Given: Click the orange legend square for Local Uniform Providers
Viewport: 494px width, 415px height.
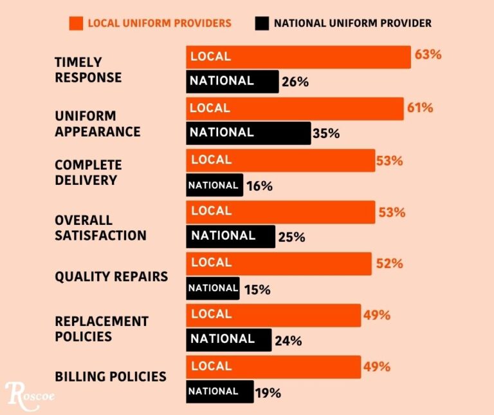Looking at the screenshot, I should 76,23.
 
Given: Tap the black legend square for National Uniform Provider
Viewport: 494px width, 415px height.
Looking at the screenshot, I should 261,23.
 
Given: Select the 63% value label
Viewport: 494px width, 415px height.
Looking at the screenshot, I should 428,55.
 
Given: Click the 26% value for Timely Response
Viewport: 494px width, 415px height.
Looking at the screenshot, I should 295,82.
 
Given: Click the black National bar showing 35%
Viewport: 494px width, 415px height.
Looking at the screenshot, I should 248,133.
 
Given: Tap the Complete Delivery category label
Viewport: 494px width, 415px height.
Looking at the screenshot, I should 88,173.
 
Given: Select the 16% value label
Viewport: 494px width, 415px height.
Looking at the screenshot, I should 259,186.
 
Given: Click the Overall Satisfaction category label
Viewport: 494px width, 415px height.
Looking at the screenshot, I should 100,227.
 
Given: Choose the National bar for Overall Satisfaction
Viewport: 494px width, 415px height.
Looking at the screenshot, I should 230,236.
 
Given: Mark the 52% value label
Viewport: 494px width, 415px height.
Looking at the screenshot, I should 389,264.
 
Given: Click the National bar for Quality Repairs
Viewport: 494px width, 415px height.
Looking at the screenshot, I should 213,288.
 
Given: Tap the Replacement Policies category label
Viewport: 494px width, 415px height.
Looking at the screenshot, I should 102,329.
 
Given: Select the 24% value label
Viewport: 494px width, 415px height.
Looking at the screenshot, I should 288,341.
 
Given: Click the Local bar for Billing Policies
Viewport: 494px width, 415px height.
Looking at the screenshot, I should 273,367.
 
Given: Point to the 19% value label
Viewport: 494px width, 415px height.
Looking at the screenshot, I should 268,392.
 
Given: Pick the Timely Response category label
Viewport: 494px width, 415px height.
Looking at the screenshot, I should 88,70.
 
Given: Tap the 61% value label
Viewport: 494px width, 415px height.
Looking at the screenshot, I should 419,108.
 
